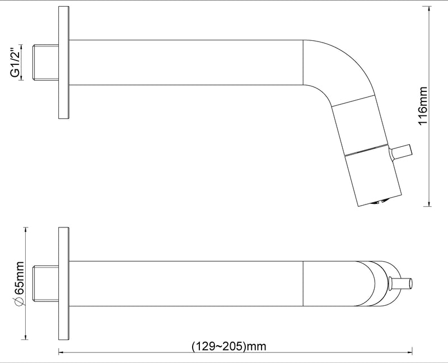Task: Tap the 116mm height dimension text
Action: [x=423, y=106]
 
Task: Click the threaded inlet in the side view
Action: [x=46, y=62]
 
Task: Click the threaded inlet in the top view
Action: [x=46, y=283]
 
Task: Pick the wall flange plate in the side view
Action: [x=63, y=62]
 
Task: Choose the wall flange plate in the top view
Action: [x=63, y=283]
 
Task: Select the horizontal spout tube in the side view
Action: [x=185, y=62]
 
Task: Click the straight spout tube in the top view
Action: [x=185, y=283]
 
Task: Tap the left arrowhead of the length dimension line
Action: [x=60, y=352]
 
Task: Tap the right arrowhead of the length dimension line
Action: [x=411, y=352]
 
